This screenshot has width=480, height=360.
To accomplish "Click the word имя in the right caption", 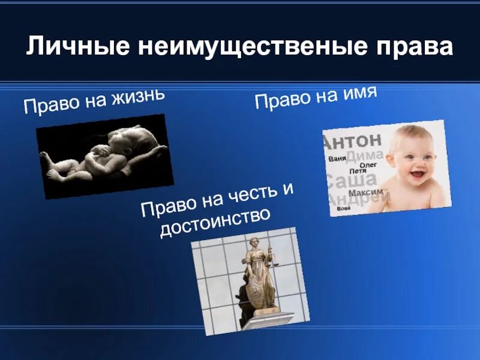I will coord(358,92).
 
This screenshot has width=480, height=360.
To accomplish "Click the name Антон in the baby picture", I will coord(353,142).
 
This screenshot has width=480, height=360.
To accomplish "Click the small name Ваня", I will coord(337,159).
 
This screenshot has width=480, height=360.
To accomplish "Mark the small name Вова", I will coord(343,208).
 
